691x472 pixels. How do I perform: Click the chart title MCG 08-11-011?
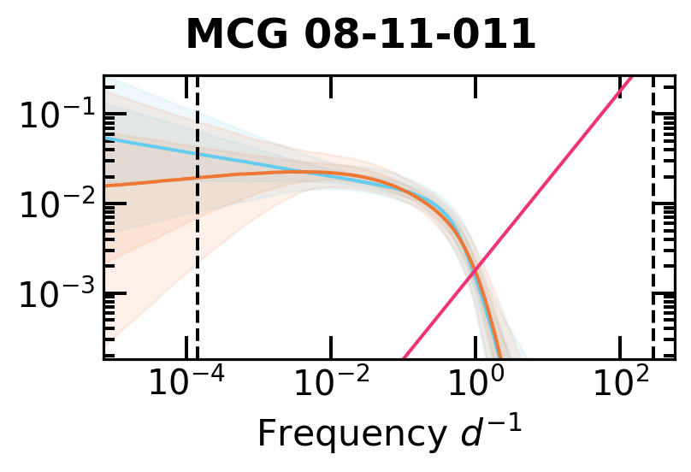[360, 35]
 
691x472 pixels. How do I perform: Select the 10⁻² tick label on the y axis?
[54, 204]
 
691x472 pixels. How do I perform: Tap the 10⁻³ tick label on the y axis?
[54, 294]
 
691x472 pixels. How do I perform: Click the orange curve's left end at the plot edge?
[106, 185]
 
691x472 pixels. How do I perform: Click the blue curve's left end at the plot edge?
[106, 138]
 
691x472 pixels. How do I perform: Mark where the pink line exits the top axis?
[632, 76]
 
